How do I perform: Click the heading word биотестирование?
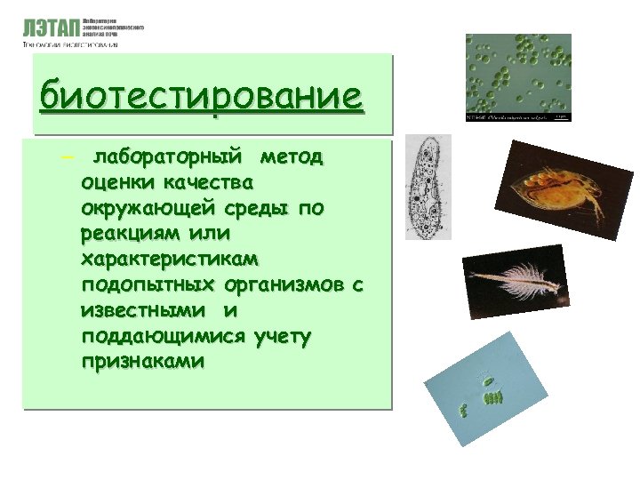tap(202, 95)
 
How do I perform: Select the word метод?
tap(292, 158)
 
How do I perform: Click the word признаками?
tap(142, 362)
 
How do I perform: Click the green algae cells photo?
tap(518, 77)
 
